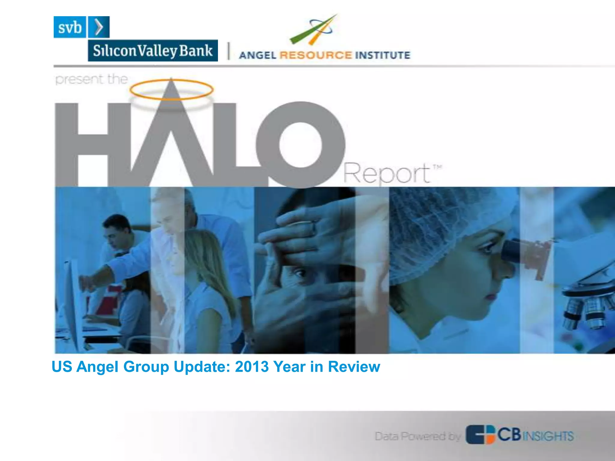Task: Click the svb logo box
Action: pyautogui.click(x=70, y=27)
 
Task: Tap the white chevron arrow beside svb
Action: pyautogui.click(x=99, y=27)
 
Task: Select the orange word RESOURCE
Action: pyautogui.click(x=315, y=55)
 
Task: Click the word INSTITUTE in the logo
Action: pyautogui.click(x=382, y=55)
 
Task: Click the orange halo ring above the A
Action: pyautogui.click(x=171, y=89)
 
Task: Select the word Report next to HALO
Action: pyautogui.click(x=387, y=173)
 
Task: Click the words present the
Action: pyautogui.click(x=92, y=80)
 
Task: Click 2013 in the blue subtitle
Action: pyautogui.click(x=252, y=367)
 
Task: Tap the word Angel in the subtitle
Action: pyautogui.click(x=97, y=367)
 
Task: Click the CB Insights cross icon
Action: pyautogui.click(x=480, y=434)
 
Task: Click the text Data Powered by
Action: pyautogui.click(x=417, y=436)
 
